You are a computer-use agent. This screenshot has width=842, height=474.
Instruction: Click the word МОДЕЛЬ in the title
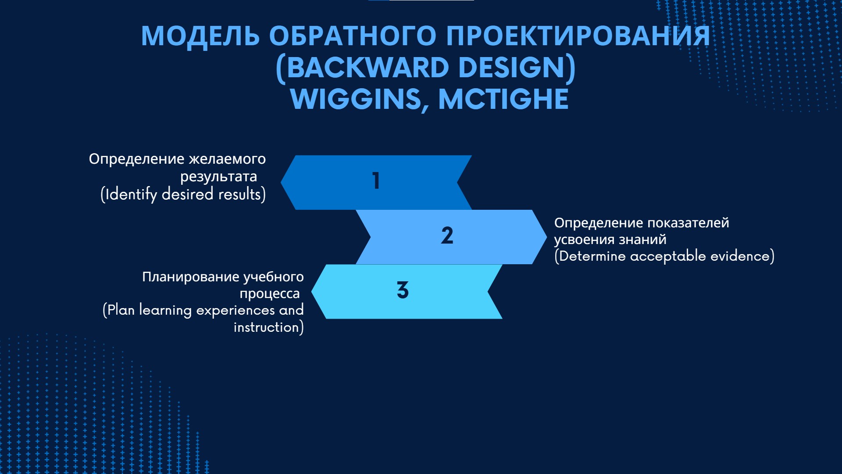[200, 36]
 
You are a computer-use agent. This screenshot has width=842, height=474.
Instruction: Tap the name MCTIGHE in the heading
[503, 99]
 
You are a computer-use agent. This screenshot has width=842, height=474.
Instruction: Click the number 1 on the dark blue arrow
[376, 180]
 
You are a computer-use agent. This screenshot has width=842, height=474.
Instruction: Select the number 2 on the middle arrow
[447, 235]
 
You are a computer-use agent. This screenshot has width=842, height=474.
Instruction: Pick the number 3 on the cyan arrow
[403, 290]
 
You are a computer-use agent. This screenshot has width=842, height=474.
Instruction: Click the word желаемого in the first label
[227, 159]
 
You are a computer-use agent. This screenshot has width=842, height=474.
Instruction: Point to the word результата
[218, 177]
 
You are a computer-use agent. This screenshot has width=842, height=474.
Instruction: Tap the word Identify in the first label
[131, 194]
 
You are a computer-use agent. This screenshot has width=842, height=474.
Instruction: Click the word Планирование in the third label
[191, 277]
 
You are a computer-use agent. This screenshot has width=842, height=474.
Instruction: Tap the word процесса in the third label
[270, 294]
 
